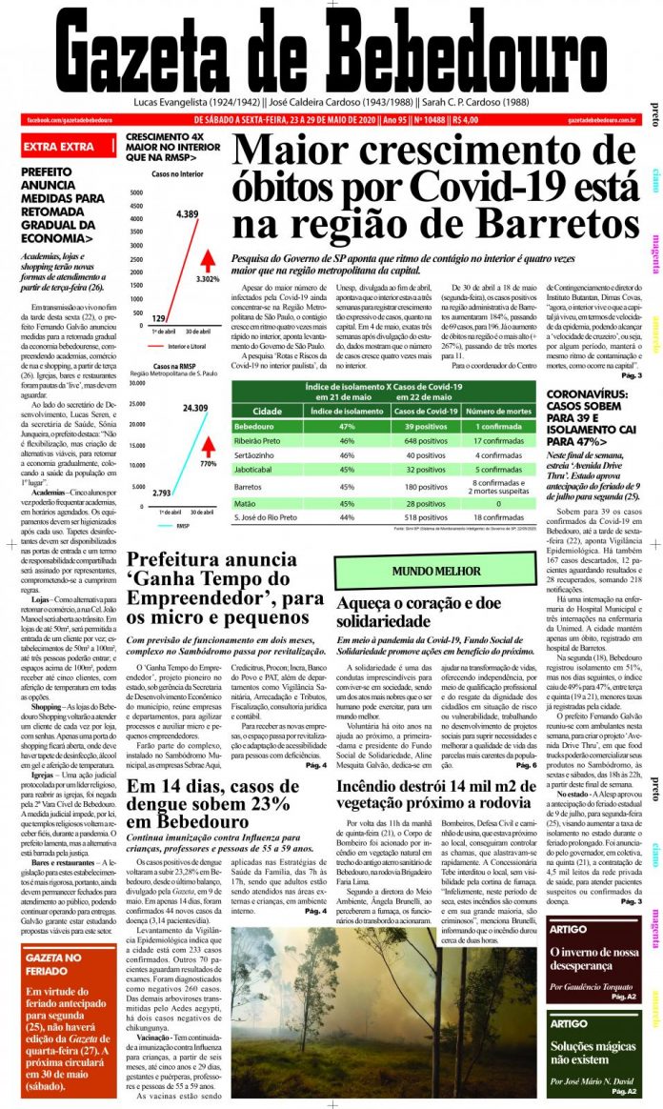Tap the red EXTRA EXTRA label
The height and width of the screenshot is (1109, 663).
(58, 147)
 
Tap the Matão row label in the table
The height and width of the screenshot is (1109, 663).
(247, 502)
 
